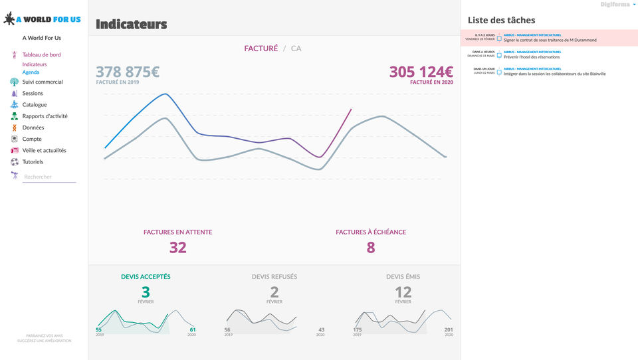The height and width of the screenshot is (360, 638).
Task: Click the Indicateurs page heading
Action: pyautogui.click(x=131, y=25)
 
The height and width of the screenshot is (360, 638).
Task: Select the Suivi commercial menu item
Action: pyautogui.click(x=43, y=82)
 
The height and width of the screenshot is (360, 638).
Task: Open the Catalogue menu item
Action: pyautogui.click(x=35, y=105)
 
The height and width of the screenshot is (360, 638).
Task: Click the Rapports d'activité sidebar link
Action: pyautogui.click(x=45, y=116)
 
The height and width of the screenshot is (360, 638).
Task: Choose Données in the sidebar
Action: pyautogui.click(x=33, y=128)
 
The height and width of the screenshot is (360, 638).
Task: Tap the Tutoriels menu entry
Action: pyautogui.click(x=33, y=162)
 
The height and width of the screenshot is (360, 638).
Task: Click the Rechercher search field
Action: pyautogui.click(x=49, y=177)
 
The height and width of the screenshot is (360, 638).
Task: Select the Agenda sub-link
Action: pyautogui.click(x=31, y=72)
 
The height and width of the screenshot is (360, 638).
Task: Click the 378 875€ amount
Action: pyautogui.click(x=128, y=72)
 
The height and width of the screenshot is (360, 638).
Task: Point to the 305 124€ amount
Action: pyautogui.click(x=421, y=72)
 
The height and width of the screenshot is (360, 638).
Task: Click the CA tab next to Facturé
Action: pyautogui.click(x=296, y=48)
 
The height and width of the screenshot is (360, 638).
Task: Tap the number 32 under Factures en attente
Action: pyautogui.click(x=177, y=248)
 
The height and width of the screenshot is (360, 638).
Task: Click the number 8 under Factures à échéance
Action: pyautogui.click(x=371, y=248)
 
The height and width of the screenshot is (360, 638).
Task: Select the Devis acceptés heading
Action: pyautogui.click(x=146, y=277)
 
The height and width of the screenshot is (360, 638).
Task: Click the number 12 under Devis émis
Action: pyautogui.click(x=403, y=292)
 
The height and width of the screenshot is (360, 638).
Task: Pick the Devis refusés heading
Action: pyautogui.click(x=274, y=277)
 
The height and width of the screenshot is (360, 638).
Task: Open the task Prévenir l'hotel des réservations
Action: pyautogui.click(x=532, y=57)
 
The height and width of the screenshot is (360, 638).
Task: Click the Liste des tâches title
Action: pyautogui.click(x=501, y=21)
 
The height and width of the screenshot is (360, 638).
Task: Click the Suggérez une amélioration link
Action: pyautogui.click(x=45, y=341)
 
